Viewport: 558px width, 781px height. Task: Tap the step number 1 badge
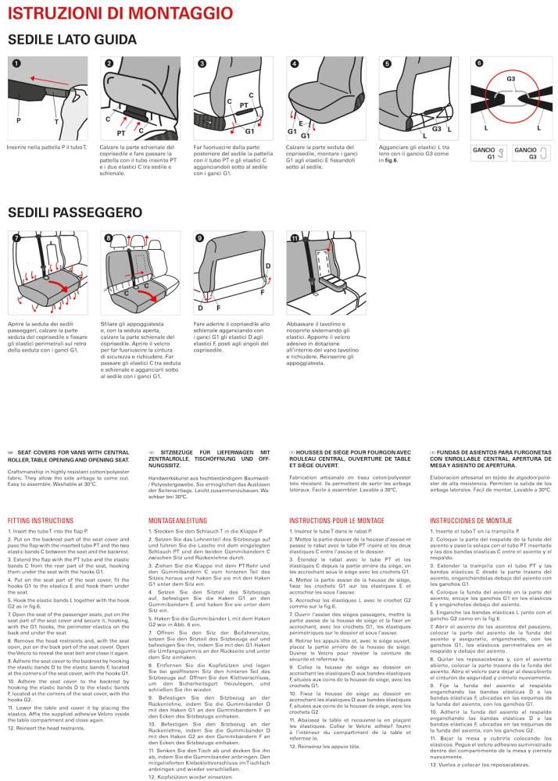click(16, 62)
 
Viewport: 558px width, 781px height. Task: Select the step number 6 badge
click(479, 62)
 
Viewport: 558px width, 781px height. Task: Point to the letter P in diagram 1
click(17, 121)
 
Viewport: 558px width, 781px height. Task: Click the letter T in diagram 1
click(55, 121)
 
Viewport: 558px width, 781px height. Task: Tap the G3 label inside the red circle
click(510, 80)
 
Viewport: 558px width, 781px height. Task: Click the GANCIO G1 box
click(487, 152)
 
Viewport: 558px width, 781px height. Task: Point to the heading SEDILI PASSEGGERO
click(74, 212)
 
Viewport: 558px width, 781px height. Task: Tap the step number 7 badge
click(16, 237)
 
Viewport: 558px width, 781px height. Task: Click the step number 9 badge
click(200, 237)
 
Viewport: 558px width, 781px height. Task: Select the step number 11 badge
click(294, 237)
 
